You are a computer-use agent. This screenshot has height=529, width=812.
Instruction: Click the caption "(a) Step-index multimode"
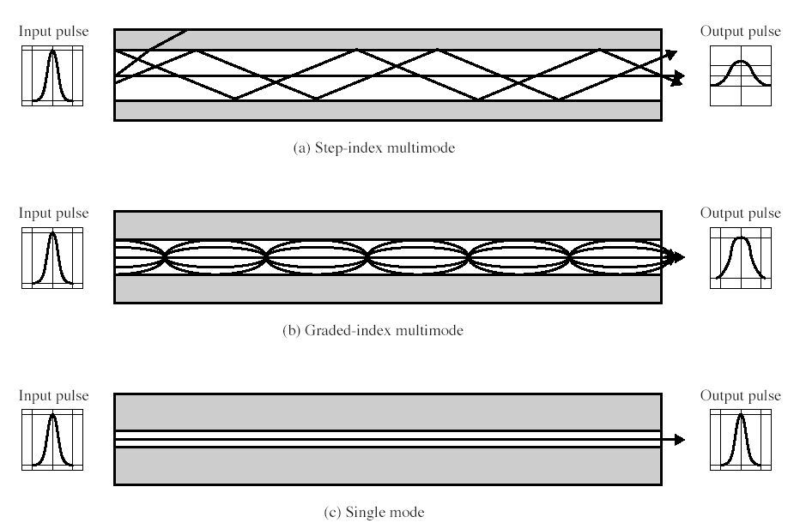click(x=373, y=148)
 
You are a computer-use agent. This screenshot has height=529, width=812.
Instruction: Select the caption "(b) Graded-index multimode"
click(x=373, y=330)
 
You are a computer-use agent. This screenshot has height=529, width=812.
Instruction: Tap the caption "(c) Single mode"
click(x=373, y=513)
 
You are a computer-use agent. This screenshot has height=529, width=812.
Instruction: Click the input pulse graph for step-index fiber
click(x=53, y=75)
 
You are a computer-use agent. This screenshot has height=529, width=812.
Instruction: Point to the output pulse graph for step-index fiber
click(x=741, y=75)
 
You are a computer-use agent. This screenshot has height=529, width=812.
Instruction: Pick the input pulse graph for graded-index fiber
click(x=53, y=257)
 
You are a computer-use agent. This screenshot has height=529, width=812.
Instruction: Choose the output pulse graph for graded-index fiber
click(x=741, y=257)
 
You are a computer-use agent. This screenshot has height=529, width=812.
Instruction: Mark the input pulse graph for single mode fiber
click(x=53, y=440)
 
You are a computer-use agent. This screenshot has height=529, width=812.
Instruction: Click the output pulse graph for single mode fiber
click(x=741, y=440)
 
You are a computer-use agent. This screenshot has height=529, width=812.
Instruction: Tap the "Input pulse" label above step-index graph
click(x=54, y=32)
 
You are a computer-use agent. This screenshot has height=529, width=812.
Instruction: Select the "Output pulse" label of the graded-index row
click(x=741, y=213)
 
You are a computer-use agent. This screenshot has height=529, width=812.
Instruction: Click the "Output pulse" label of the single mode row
click(x=741, y=395)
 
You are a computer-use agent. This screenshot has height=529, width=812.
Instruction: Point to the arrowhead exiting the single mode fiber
click(x=680, y=440)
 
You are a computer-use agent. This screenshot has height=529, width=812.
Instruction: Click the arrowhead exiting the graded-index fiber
click(x=679, y=257)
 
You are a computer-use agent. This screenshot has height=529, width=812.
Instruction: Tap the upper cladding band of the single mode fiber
click(x=386, y=412)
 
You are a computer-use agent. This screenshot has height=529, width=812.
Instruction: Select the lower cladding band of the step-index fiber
click(x=386, y=111)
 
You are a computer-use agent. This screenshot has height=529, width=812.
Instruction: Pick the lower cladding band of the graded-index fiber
click(x=386, y=289)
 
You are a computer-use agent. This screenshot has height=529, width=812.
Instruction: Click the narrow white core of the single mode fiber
click(x=386, y=439)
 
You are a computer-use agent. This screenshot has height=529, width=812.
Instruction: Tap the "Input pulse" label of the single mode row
click(x=54, y=395)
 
